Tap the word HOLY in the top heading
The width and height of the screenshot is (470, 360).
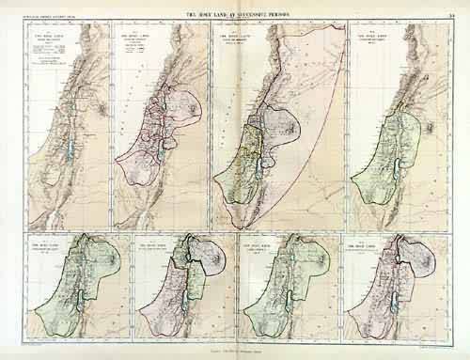pyautogui.click(x=207, y=9)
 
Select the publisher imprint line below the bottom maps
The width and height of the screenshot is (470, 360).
pyautogui.click(x=235, y=348)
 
